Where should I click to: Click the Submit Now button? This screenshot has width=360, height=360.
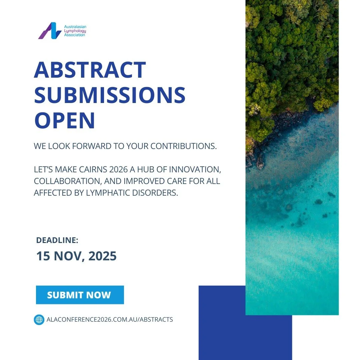coord(80,295)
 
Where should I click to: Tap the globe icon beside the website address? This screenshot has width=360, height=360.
coord(39,320)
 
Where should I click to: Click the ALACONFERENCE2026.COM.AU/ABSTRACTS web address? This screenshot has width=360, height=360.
coord(110,320)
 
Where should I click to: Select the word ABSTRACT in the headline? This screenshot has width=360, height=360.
coord(90,70)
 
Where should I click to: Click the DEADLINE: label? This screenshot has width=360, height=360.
coord(57,240)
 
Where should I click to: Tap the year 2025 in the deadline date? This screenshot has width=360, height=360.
coord(100,256)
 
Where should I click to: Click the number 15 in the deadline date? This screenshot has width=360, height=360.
coord(42,256)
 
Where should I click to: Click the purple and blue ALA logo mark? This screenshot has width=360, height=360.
coord(50,31)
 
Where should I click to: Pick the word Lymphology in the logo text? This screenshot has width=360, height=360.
coord(75,31)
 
